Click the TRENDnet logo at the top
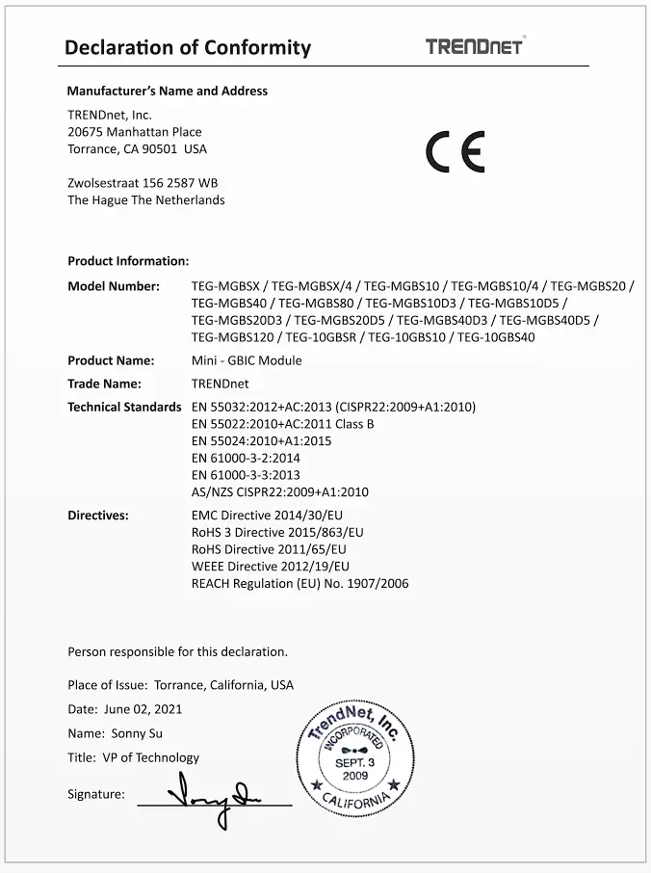point(475,45)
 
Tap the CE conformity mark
point(456,152)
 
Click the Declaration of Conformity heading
point(187,47)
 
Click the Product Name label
point(111,360)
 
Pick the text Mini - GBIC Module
point(247,360)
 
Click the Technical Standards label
point(124,407)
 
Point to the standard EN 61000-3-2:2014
point(246,458)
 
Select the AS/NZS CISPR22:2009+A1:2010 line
point(279,491)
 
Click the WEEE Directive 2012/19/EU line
point(270,566)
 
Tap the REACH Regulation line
point(299,583)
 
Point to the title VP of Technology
point(150,757)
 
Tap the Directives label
point(97,516)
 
